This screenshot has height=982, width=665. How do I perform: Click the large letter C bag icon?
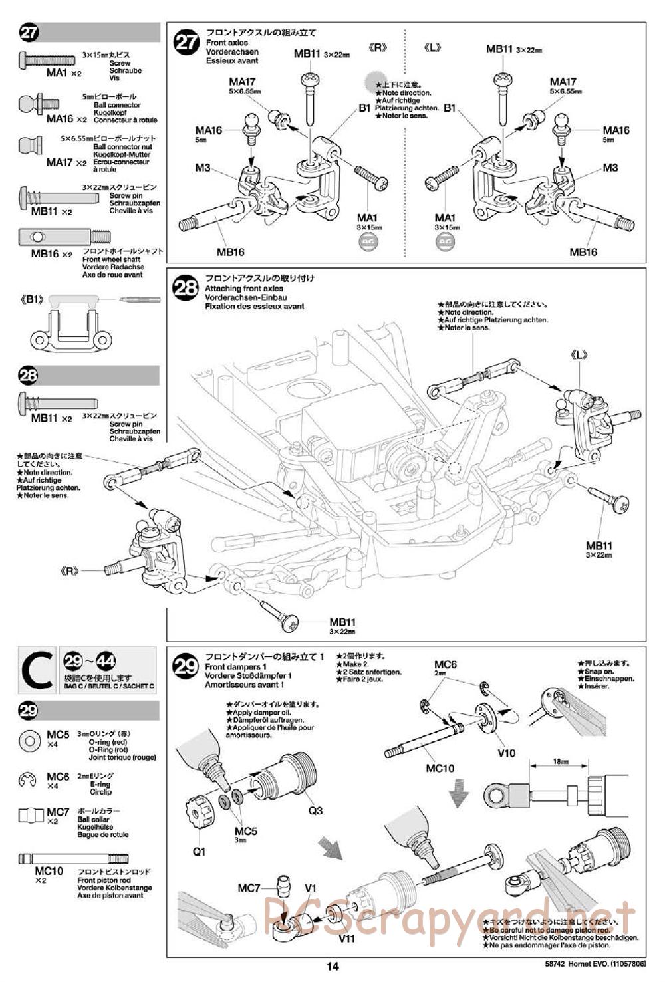[x=38, y=670]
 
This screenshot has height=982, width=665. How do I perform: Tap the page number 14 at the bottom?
[x=332, y=966]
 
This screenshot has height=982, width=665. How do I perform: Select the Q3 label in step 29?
[x=315, y=810]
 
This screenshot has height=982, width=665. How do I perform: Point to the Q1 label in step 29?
[x=199, y=852]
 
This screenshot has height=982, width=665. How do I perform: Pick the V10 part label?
[x=506, y=753]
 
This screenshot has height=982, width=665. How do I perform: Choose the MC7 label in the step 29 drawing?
[x=248, y=888]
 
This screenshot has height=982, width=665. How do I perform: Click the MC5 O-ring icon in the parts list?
[x=29, y=740]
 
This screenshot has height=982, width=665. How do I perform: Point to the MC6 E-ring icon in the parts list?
[x=29, y=779]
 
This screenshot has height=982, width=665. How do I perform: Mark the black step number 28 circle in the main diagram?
[x=186, y=287]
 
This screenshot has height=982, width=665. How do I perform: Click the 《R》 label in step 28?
[x=68, y=570]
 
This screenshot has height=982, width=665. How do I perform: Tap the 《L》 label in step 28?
[x=579, y=355]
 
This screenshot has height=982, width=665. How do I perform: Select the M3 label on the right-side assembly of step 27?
[x=610, y=168]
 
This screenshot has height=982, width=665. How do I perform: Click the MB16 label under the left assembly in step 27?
[x=230, y=252]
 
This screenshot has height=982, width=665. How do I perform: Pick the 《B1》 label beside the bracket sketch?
[x=32, y=299]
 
